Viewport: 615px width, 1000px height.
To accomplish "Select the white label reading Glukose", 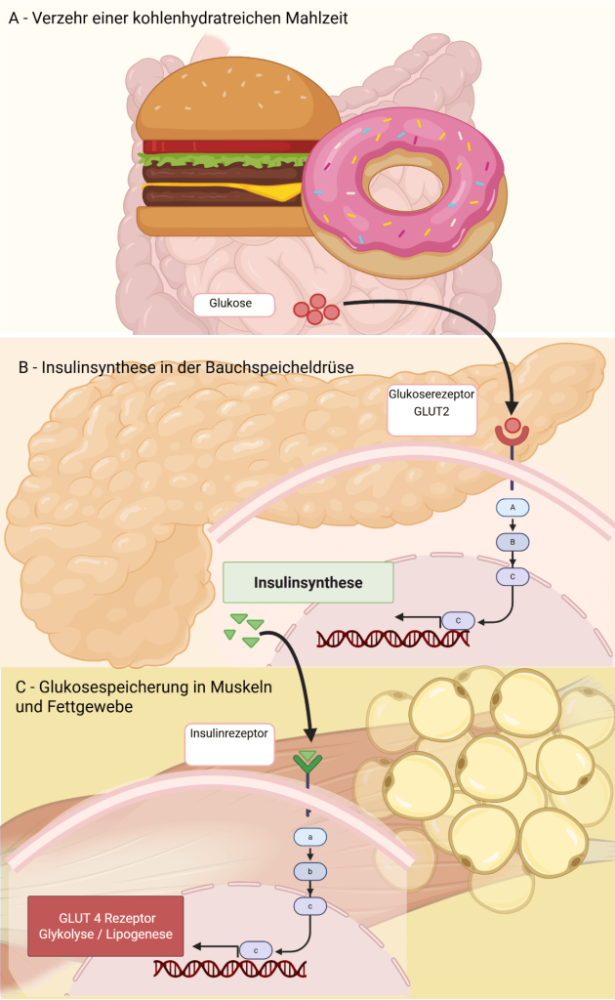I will pyautogui.click(x=230, y=304).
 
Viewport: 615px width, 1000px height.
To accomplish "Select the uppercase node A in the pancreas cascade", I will pyautogui.click(x=512, y=507).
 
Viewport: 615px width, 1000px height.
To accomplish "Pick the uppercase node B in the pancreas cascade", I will pyautogui.click(x=512, y=542).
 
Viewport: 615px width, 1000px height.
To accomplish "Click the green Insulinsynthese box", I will pyautogui.click(x=308, y=583).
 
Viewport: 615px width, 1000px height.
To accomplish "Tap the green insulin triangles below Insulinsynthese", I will pyautogui.click(x=242, y=629).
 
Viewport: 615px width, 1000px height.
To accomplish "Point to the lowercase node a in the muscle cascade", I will pyautogui.click(x=309, y=837).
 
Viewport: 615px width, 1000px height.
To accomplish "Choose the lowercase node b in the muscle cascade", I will pyautogui.click(x=309, y=871).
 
